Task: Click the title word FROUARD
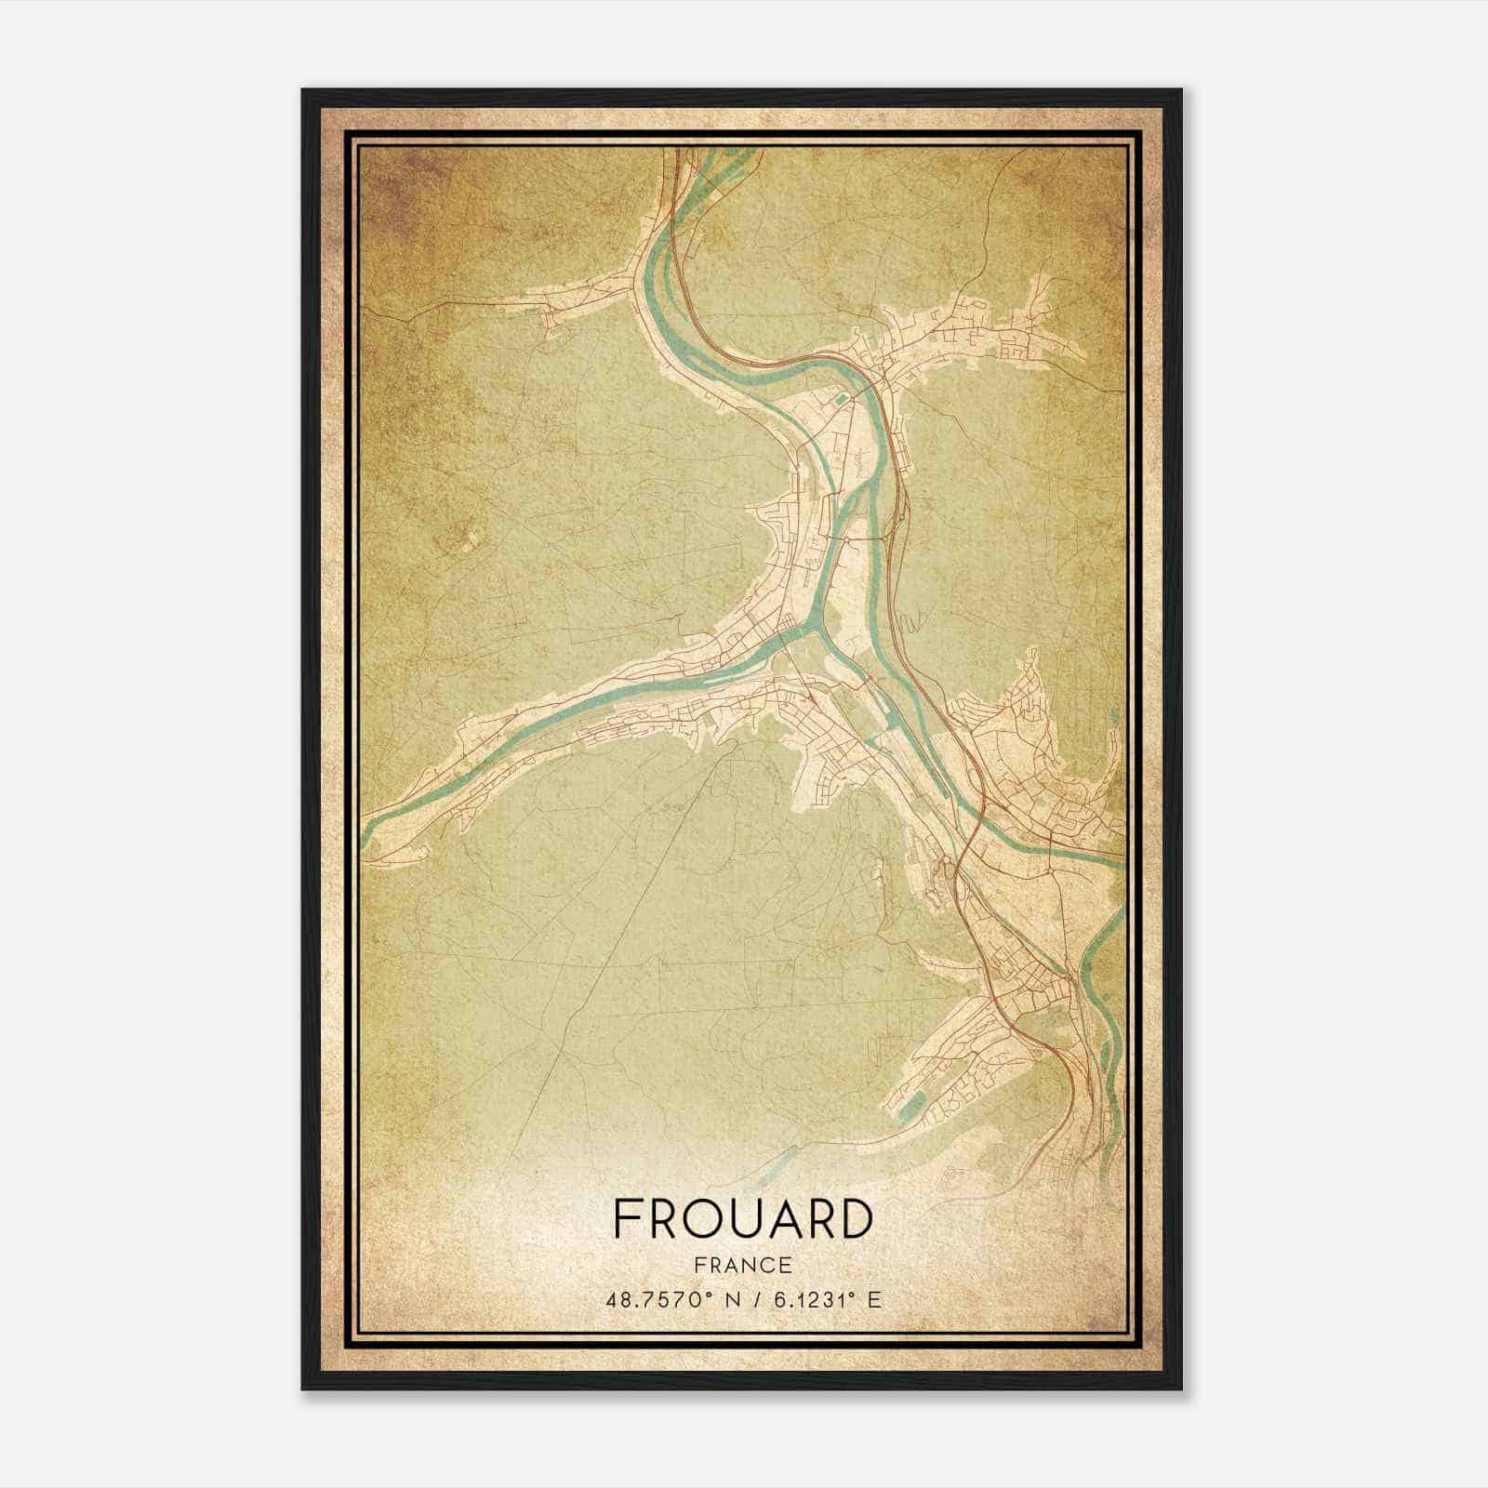tap(742, 1219)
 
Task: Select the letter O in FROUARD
tap(702, 1219)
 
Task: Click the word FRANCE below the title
tap(742, 1266)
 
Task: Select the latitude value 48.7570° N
tap(667, 1299)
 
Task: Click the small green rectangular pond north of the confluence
tap(841, 401)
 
